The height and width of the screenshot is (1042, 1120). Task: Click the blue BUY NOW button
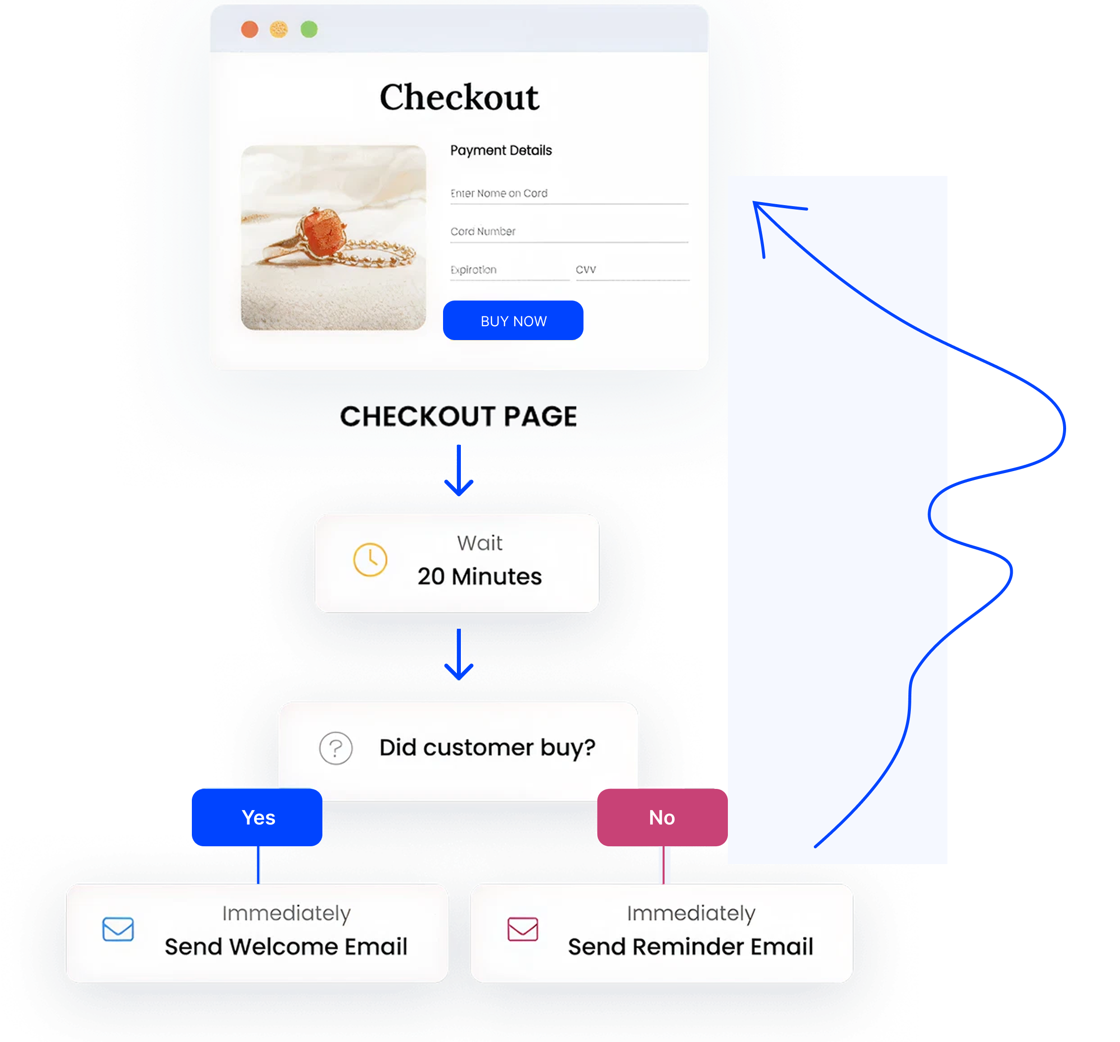point(513,320)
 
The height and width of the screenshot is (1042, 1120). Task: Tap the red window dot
point(250,29)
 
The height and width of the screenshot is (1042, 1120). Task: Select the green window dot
point(309,29)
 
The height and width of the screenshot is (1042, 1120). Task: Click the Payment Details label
point(501,150)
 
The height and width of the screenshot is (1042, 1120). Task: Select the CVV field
point(631,270)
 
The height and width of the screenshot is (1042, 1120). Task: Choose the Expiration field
point(509,270)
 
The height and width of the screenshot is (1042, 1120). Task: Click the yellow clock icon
point(370,559)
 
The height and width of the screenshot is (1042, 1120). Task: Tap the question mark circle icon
point(336,748)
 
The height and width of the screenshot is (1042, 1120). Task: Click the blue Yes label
point(258,817)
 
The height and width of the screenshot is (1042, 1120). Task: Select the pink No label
point(662,817)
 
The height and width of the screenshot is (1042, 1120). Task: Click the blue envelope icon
point(118,929)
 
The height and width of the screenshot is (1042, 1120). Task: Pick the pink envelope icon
point(523,929)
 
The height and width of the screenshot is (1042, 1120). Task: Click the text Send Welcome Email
point(286,947)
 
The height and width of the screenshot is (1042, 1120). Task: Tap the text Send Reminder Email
point(690,947)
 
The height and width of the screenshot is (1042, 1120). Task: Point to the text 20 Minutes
point(480,577)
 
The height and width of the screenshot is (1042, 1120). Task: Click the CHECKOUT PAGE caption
point(458,417)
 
